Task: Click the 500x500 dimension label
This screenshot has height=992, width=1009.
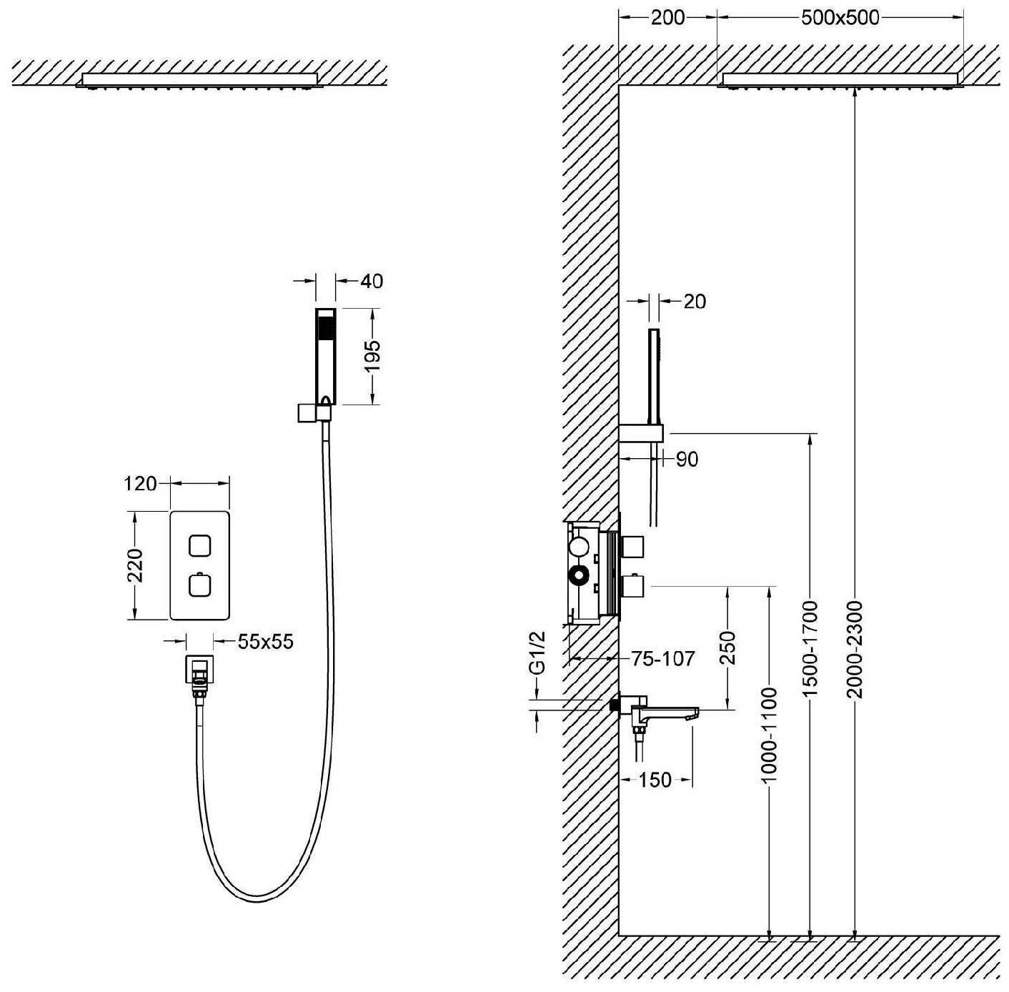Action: pos(840,17)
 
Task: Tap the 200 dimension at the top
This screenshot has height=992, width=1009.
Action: pos(667,17)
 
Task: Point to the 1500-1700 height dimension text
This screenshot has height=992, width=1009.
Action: pos(810,650)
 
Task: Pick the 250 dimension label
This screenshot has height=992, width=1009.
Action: pos(727,648)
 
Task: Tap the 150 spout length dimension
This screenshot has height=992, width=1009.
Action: pos(655,780)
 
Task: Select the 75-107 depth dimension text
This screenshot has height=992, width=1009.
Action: pos(662,658)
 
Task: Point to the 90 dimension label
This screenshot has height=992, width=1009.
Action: pos(686,460)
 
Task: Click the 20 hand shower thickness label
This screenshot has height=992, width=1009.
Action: pos(694,302)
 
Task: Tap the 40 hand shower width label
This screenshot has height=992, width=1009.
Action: pos(371,281)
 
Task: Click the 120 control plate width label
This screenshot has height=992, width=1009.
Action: pos(140,484)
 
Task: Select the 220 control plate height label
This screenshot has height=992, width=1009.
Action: pos(135,565)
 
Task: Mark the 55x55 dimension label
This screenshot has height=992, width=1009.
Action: pos(265,641)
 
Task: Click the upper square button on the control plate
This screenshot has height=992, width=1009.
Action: pos(200,546)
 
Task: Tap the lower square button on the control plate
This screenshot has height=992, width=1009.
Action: pos(200,586)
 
